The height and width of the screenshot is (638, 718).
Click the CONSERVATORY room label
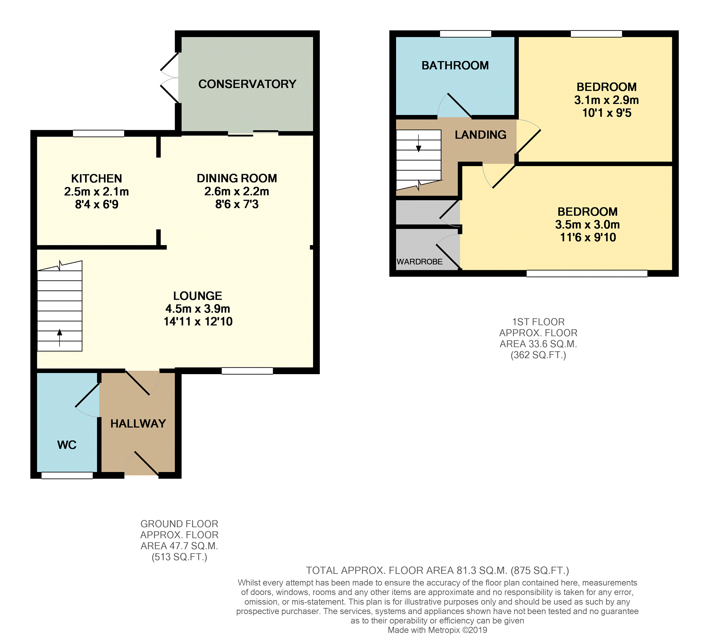coord(247,84)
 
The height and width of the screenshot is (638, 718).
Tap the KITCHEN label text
coord(96,178)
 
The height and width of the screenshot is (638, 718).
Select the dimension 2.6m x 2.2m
coord(236,192)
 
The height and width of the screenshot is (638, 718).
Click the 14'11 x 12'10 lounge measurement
coord(198,322)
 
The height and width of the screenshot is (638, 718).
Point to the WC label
coord(67,445)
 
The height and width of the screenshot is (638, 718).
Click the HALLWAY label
coord(138,423)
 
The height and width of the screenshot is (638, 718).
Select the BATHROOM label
coord(455,66)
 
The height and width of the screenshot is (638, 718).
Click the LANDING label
coord(480,135)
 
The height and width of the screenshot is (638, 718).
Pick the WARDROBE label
coord(419,262)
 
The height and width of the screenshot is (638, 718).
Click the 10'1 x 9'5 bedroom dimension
coord(607,113)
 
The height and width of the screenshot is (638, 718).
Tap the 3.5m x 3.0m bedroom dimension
coord(587,224)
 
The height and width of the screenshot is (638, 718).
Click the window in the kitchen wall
coord(99,133)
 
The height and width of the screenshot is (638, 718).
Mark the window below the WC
coord(67,476)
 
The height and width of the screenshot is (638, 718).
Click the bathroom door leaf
coord(459,105)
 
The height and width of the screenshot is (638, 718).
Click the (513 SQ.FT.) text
coord(179,557)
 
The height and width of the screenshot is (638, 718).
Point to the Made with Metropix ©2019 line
coord(437,630)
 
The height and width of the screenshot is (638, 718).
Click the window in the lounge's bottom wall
coord(247,371)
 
